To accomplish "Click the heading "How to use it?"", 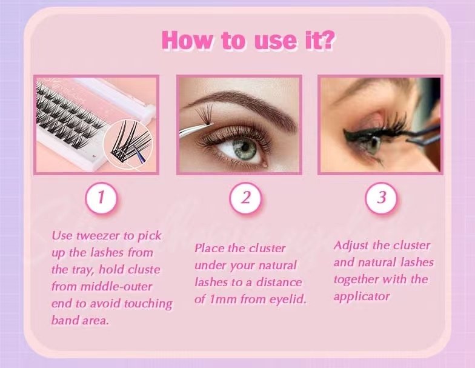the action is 248,40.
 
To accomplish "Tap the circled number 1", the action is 101,198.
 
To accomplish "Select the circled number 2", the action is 246,198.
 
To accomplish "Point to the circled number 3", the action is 382,198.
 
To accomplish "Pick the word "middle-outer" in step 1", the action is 116,286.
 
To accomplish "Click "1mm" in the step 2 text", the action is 223,299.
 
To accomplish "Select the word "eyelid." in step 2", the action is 288,299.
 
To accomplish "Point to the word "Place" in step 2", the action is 210,249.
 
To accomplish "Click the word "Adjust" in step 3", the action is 351,246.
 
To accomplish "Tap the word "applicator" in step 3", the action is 362,296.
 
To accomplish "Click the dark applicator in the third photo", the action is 424,133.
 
